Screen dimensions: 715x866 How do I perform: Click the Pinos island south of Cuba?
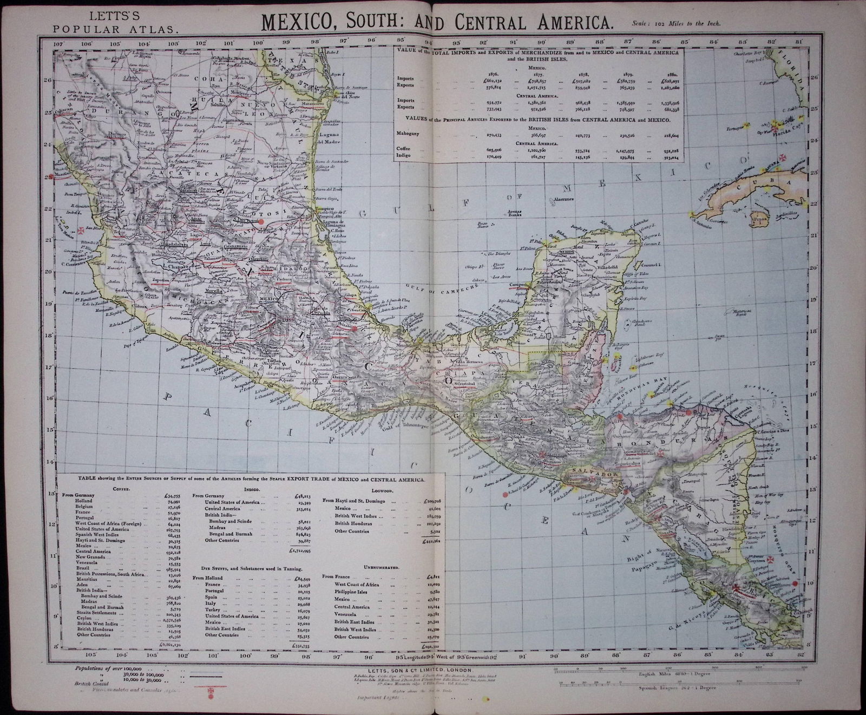click(761, 220)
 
